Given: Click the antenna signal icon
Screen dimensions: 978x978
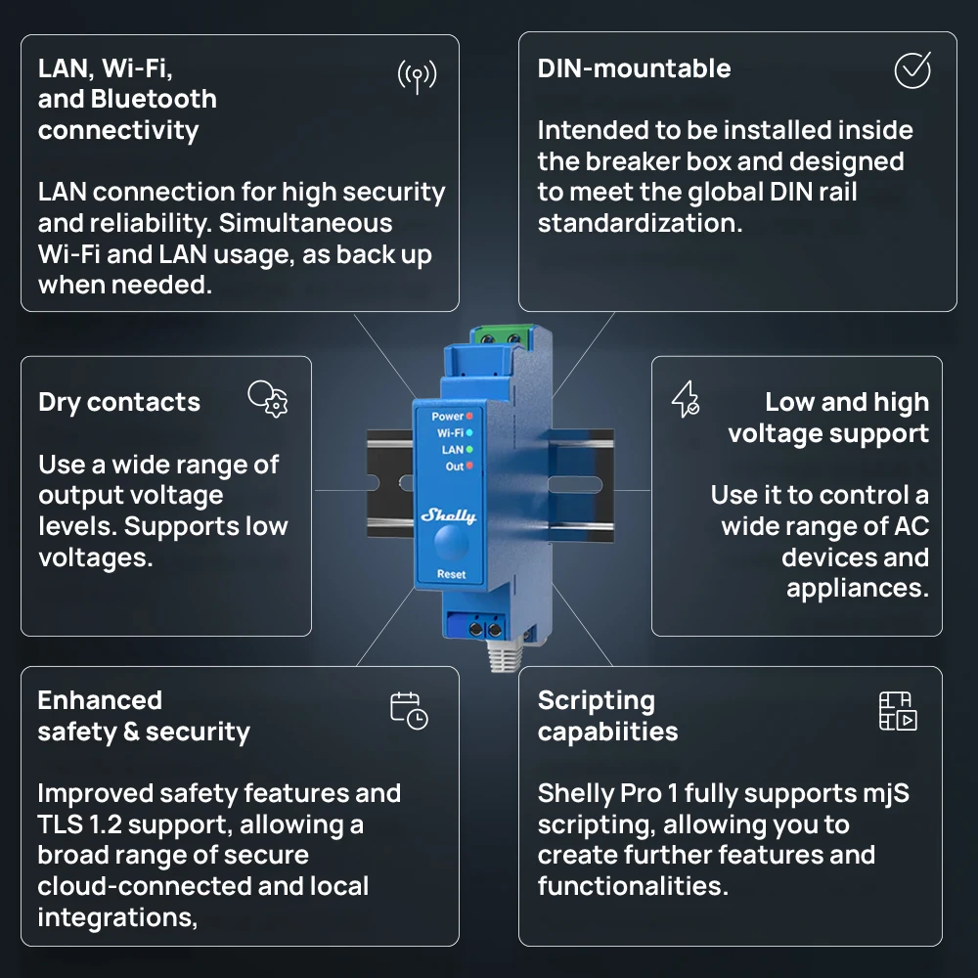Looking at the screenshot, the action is click(x=418, y=76).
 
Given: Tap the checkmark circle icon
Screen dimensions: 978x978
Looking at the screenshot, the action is click(x=912, y=69).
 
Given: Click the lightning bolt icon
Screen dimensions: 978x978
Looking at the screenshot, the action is click(x=685, y=399).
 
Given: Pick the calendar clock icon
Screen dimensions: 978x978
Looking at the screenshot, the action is click(x=409, y=710).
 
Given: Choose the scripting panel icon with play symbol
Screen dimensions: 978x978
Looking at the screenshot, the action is click(x=898, y=710).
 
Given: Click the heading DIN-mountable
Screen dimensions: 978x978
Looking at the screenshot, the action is click(x=634, y=68).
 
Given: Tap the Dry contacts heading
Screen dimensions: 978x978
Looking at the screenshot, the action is click(x=119, y=402).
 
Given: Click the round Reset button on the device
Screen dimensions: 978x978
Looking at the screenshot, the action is click(x=451, y=542).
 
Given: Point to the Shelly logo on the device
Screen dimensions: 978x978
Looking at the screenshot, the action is click(x=449, y=515).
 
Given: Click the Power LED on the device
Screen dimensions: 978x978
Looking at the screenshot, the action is click(x=469, y=416).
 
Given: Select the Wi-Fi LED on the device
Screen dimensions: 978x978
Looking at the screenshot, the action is click(x=469, y=433).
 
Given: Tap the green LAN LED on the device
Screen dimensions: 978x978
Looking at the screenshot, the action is click(x=469, y=449).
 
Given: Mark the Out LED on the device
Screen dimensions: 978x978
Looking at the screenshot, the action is click(x=469, y=466).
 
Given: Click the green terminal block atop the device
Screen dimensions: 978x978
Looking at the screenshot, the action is click(x=502, y=336).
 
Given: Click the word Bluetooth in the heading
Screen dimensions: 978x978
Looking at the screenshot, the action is click(x=154, y=99).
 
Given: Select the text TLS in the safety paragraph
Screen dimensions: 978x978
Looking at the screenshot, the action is click(x=60, y=824).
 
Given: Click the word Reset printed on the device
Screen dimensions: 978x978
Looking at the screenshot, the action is click(x=451, y=574).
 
